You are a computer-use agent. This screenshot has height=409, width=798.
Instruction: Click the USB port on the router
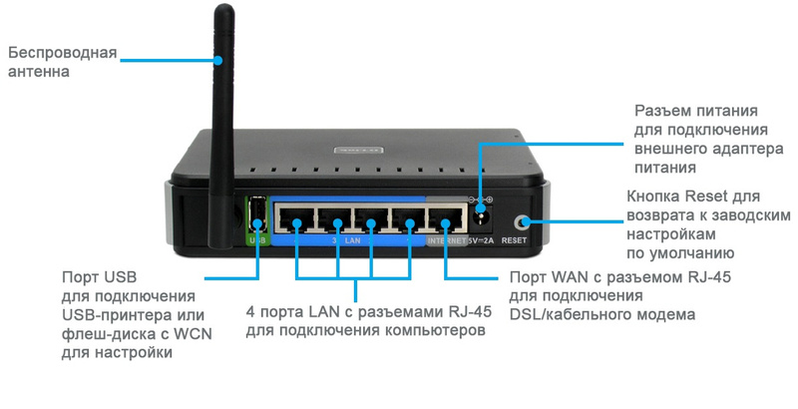(257, 213)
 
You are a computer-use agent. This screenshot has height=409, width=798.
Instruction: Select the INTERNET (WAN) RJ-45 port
(441, 218)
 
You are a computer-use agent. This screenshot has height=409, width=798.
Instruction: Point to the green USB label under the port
(256, 240)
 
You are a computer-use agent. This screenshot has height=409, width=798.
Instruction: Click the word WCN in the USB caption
(180, 335)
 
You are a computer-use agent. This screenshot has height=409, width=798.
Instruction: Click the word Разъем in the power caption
(662, 111)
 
